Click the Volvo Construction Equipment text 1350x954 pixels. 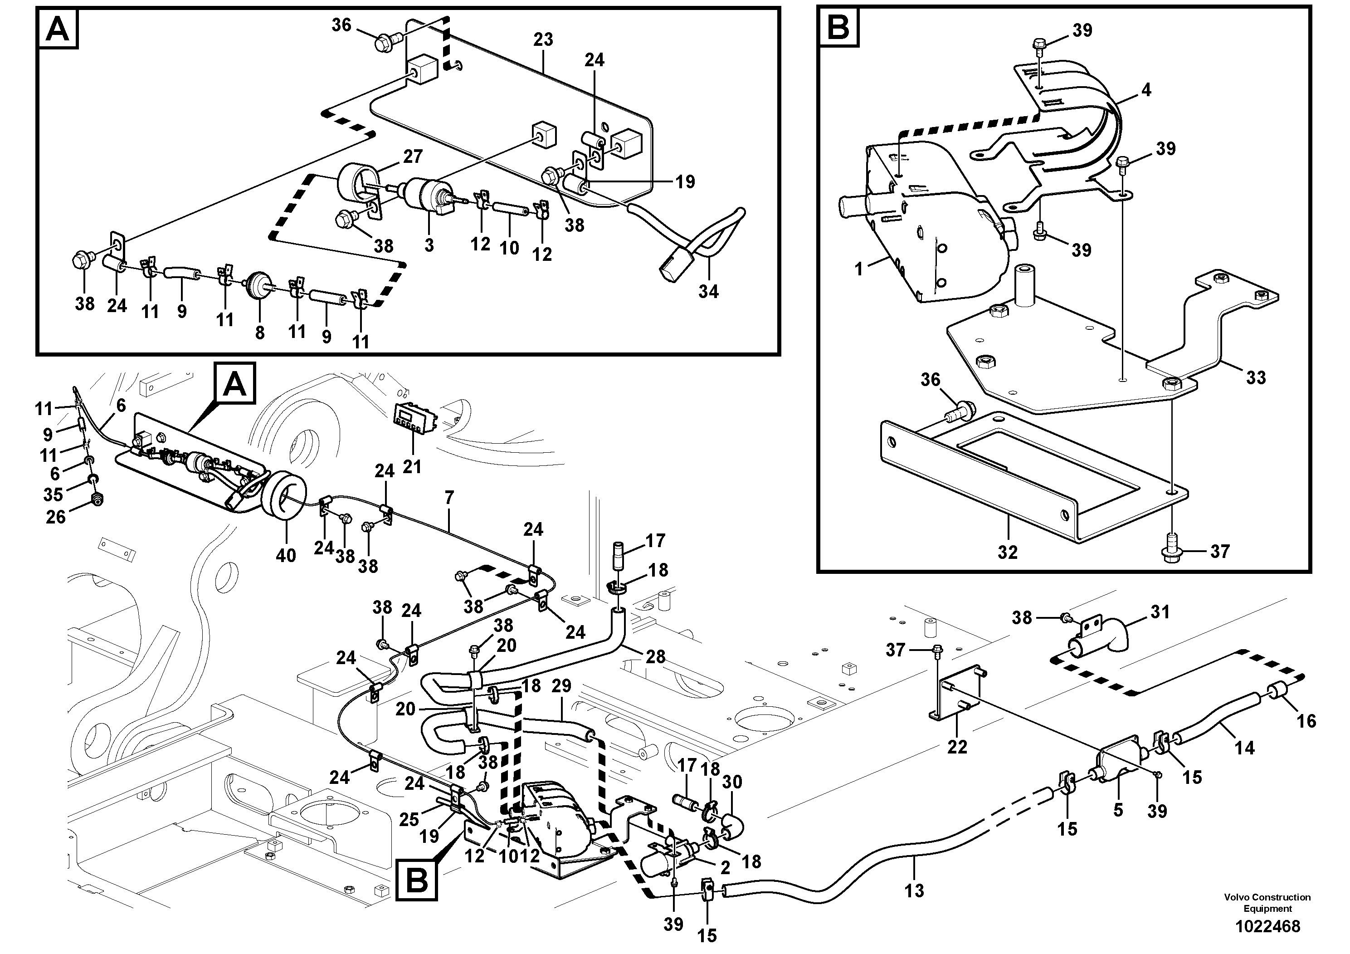coord(1267,902)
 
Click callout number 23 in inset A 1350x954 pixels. coord(543,40)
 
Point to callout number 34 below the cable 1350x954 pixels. coord(708,291)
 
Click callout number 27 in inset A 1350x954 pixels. coord(413,157)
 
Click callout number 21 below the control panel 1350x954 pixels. coord(412,466)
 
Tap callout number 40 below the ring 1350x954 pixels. coord(286,555)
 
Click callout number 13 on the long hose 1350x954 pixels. coord(914,890)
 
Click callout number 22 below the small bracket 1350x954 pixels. coord(957,747)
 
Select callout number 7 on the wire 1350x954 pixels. coord(449,498)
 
